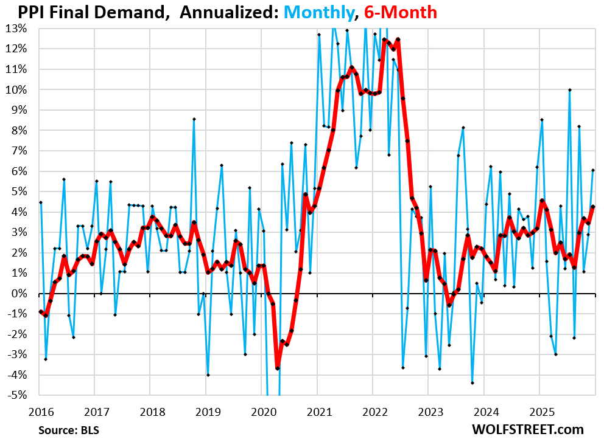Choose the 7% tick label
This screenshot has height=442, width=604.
[x=18, y=151]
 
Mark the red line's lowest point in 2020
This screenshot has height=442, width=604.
[x=277, y=368]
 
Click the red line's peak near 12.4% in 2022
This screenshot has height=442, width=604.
[x=398, y=40]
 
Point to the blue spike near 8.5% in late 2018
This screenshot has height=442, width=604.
[x=194, y=119]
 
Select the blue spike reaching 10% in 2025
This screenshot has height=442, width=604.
[x=569, y=90]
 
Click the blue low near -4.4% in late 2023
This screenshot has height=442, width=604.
[x=472, y=383]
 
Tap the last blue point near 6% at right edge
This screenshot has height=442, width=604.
[x=593, y=170]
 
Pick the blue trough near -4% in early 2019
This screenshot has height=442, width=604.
[x=208, y=375]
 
